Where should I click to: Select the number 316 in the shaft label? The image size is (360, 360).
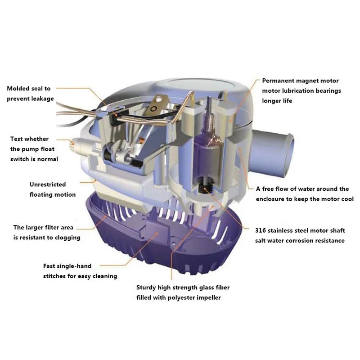[260, 230]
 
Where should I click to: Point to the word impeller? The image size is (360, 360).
[210, 297]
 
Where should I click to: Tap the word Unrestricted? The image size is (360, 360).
[48, 184]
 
